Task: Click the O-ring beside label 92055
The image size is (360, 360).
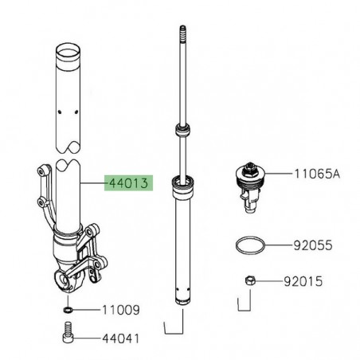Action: coord(248,247)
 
